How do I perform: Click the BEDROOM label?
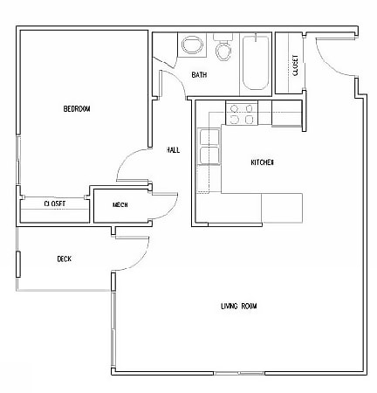[77, 109]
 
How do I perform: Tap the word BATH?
[199, 76]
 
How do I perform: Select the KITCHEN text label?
[263, 162]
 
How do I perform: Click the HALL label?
[173, 150]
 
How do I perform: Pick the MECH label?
[121, 205]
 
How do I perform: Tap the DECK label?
[64, 259]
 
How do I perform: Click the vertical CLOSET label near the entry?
[296, 65]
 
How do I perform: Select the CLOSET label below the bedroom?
[54, 203]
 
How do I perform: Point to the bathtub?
[255, 64]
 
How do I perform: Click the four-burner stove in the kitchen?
[240, 113]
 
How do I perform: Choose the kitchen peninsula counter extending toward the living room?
[281, 208]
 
